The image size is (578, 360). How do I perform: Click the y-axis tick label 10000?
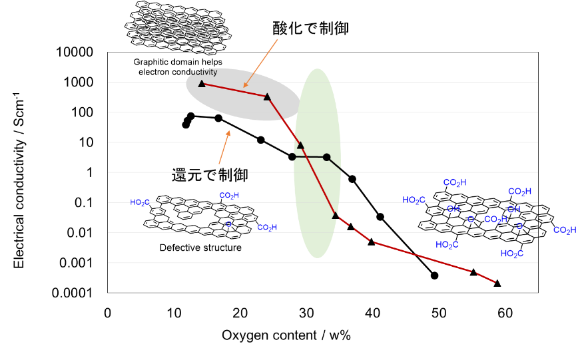(75, 52)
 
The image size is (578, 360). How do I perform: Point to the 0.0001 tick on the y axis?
(72, 293)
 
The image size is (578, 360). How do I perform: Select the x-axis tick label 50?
(439, 313)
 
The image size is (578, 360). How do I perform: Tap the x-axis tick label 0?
(107, 313)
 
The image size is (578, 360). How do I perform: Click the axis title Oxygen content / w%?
(286, 335)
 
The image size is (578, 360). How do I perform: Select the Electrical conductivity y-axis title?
(19, 180)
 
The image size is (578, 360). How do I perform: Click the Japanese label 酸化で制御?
(310, 28)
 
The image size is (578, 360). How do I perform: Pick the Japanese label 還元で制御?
(209, 175)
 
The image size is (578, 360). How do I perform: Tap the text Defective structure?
(200, 248)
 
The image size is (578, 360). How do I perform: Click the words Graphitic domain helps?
(178, 62)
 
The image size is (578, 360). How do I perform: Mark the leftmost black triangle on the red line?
(202, 84)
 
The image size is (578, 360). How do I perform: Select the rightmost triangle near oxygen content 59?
(497, 283)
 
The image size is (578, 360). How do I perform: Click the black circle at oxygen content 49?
(435, 275)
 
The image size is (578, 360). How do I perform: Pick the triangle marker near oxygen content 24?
(267, 97)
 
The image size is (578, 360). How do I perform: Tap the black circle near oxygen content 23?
(260, 140)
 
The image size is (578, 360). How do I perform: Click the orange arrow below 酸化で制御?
(260, 64)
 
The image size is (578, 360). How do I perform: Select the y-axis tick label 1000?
(79, 82)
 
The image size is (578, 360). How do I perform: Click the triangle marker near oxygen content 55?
(473, 272)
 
